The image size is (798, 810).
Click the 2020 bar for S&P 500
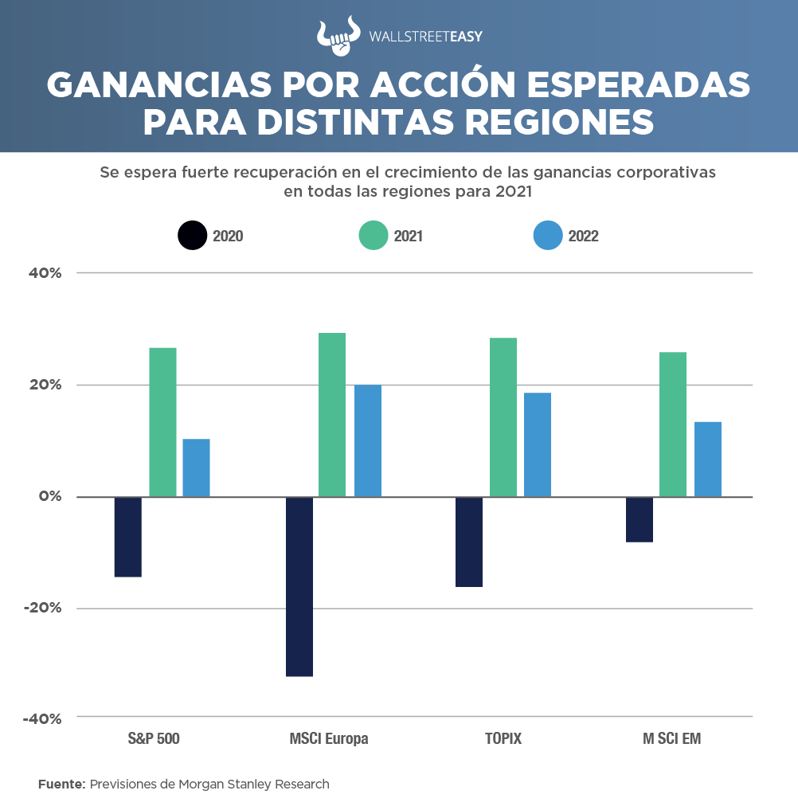tap(127, 537)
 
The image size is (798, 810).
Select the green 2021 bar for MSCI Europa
tap(332, 414)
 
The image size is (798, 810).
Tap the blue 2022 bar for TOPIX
tap(538, 444)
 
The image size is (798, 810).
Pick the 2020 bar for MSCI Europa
tap(299, 586)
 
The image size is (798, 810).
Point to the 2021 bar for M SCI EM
tap(673, 424)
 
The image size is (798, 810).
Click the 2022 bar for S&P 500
tap(196, 468)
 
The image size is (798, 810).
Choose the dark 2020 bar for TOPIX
tap(469, 542)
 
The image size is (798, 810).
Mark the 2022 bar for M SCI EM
tap(708, 459)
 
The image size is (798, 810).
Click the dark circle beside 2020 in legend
tap(192, 236)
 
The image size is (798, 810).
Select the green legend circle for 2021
tap(374, 236)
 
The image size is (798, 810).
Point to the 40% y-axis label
tap(45, 273)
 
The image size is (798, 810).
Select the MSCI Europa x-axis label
tap(329, 738)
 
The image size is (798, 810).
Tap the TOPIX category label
tap(503, 738)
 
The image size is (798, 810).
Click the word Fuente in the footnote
tap(61, 784)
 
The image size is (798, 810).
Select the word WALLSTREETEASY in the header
tap(426, 36)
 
